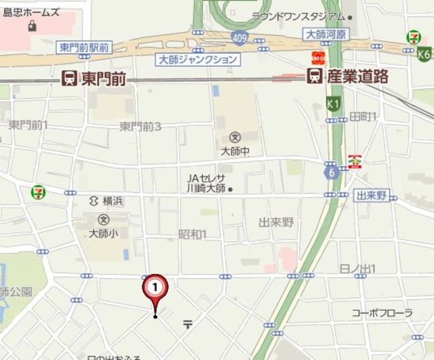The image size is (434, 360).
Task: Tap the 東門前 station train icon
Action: click(69, 78)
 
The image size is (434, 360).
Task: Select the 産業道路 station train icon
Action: click(315, 76)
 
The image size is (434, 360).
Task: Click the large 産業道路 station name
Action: click(357, 76)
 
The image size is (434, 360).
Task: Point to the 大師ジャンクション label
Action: click(197, 60)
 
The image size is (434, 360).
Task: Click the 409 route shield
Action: click(237, 38)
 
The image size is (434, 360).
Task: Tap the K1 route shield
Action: click(332, 104)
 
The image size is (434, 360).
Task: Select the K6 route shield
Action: click(425, 54)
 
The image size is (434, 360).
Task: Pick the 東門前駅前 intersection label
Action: click(84, 47)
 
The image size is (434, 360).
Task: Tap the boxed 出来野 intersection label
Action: click(372, 196)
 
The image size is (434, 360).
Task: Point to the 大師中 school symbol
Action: click(235, 136)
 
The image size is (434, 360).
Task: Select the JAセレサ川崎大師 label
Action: click(207, 184)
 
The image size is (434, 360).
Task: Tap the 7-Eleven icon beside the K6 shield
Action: click(412, 37)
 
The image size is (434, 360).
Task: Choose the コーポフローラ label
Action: click(382, 313)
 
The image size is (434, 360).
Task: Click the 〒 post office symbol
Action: click(187, 324)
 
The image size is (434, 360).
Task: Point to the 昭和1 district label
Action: click(192, 234)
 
